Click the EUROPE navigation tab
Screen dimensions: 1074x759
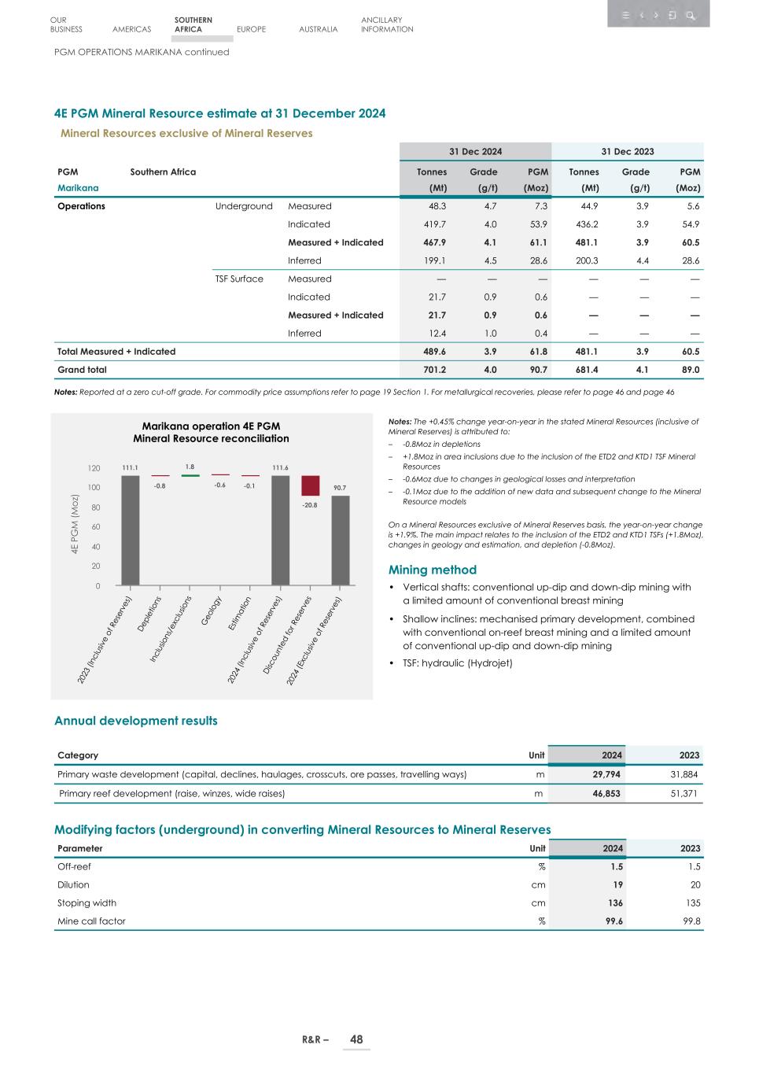coord(251,29)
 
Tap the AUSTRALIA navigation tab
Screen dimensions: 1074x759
coord(319,29)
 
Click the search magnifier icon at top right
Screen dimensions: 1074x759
coord(690,15)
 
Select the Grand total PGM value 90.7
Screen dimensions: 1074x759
coord(538,369)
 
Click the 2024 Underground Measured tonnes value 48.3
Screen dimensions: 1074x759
coord(437,206)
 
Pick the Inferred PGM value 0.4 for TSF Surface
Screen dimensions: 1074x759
coord(540,333)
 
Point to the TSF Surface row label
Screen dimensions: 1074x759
coord(239,279)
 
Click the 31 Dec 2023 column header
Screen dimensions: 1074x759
coord(628,151)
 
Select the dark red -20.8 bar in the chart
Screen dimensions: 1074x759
coord(310,485)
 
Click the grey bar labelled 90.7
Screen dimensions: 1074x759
coord(340,540)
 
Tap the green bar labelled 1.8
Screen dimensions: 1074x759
coord(190,475)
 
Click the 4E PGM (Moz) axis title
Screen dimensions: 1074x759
coord(76,527)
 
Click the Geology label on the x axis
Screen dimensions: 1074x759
coord(212,611)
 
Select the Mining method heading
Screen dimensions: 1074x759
coord(432,570)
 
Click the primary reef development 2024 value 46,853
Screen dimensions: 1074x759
coord(606,793)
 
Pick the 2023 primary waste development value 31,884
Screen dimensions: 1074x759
coord(683,774)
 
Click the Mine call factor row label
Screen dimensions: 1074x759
coord(91,921)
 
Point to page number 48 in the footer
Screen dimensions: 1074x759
coord(356,1039)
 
